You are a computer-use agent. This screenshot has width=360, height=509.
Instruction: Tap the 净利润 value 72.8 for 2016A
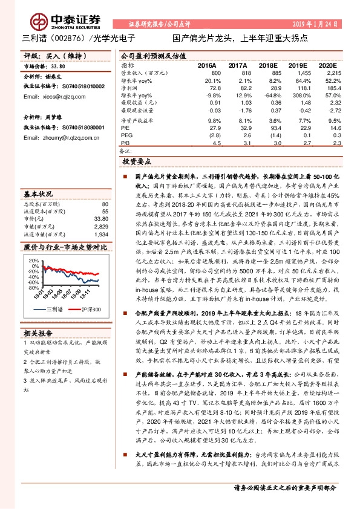coord(214,88)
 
